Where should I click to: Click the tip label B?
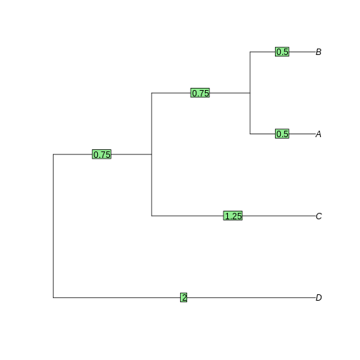point(319,52)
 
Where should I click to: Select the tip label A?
point(319,134)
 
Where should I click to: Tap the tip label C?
point(319,216)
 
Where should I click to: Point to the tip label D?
point(319,298)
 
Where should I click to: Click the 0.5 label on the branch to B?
point(282,51)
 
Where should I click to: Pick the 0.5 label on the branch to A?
point(282,134)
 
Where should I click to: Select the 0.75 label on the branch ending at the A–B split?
point(200,93)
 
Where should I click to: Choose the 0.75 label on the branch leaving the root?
point(101,154)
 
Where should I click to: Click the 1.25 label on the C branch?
point(233,216)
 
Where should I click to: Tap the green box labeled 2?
point(184,297)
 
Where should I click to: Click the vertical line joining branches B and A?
point(250,93)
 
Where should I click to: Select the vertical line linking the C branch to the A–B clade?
point(151,154)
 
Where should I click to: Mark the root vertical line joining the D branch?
point(53,226)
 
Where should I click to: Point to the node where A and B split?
point(250,93)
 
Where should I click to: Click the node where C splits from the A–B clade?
point(151,154)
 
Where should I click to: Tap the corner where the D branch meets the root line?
point(53,298)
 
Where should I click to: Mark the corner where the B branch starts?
point(250,51)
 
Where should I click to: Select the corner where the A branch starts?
point(250,134)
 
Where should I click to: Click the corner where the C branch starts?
point(151,216)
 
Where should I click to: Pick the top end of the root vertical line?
point(53,154)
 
